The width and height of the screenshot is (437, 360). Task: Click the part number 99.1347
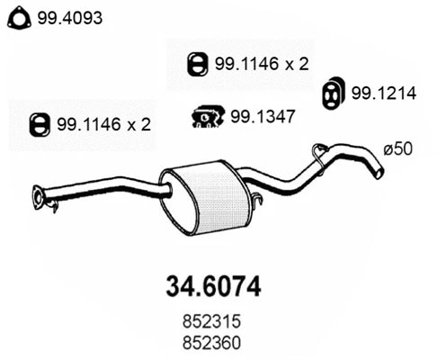click(x=260, y=115)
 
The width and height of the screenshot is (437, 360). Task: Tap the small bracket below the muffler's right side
click(x=254, y=204)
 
